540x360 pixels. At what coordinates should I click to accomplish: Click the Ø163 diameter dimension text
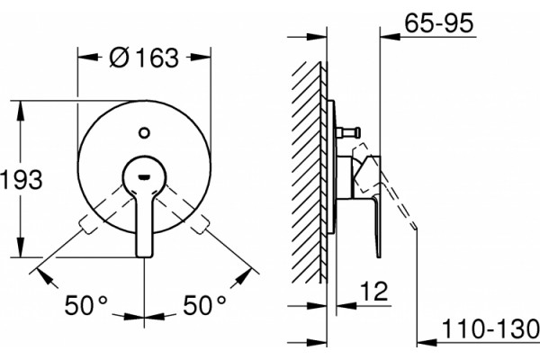144,58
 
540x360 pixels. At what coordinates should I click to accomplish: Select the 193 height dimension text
22,179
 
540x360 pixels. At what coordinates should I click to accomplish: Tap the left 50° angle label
85,305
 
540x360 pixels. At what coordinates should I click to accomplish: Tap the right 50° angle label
204,305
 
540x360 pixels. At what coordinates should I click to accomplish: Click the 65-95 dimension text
439,23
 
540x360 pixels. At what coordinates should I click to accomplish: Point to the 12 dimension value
374,292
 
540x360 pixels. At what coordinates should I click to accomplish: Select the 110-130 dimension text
490,329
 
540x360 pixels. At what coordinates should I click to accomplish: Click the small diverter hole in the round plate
144,132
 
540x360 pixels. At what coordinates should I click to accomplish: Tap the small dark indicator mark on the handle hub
144,177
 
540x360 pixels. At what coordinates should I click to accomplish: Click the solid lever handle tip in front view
144,253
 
